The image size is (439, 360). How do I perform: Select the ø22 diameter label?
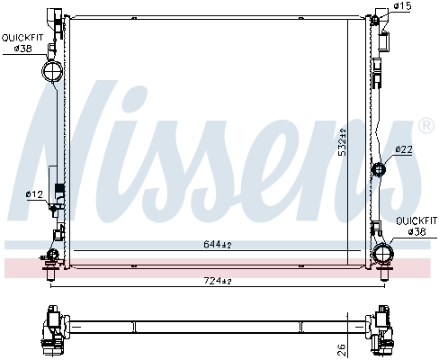click(x=403, y=149)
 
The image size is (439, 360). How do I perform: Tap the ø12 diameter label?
click(x=33, y=194)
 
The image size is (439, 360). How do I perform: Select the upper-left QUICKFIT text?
click(x=22, y=37)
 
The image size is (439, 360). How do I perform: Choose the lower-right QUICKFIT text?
click(x=417, y=220)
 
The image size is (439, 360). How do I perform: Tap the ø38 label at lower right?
click(x=417, y=231)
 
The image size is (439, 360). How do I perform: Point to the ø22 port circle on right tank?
click(x=379, y=169)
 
